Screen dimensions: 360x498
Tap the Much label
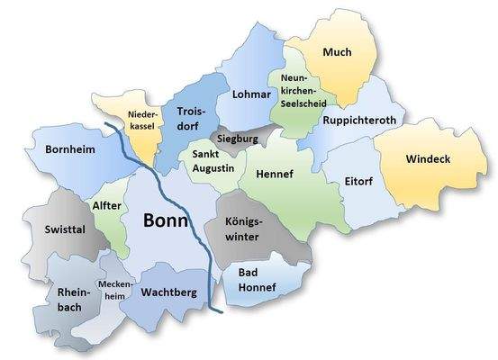337,53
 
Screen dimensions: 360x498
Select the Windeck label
427,159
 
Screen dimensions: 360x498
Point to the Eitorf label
358,181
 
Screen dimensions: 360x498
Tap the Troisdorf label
192,119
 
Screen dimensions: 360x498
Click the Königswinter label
239,229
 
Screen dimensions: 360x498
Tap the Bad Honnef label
257,280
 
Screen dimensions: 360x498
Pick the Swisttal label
65,229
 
